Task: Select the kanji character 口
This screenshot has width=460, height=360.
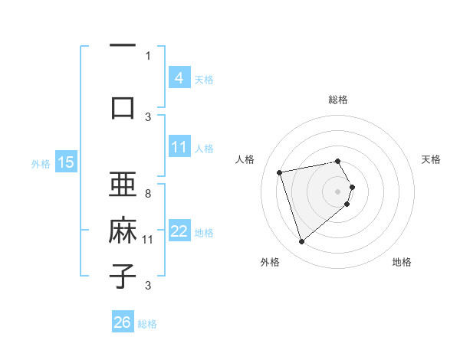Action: [123, 107]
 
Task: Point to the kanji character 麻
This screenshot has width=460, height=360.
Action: [123, 231]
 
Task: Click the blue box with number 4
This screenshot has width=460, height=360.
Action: [179, 77]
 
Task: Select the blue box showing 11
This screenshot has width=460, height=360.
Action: [179, 147]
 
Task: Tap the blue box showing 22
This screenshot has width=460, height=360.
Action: [179, 231]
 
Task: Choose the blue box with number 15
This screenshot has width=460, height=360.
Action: [65, 162]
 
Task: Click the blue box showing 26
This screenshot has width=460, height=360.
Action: [123, 322]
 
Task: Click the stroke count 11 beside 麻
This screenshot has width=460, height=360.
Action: [148, 240]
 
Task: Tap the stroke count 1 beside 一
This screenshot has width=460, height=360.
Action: [148, 55]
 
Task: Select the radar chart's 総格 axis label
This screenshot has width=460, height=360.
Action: [338, 100]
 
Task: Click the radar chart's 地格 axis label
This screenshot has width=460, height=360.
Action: [402, 262]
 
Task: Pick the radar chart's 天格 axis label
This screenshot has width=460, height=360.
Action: [432, 159]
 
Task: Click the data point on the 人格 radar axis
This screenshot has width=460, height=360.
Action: [280, 172]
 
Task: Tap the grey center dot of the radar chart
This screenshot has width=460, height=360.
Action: [338, 191]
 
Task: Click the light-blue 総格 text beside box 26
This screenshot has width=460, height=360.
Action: [147, 324]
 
